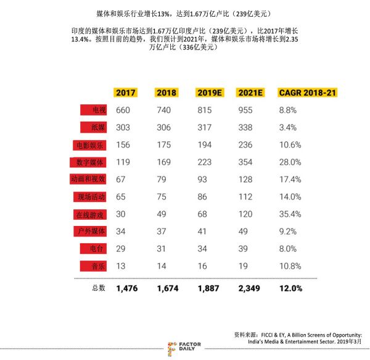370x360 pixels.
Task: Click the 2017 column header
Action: (125, 93)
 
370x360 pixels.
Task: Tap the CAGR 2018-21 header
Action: (308, 93)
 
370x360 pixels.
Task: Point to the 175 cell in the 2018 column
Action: (164, 145)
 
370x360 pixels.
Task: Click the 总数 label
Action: (99, 288)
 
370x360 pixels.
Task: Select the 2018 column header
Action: (166, 93)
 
